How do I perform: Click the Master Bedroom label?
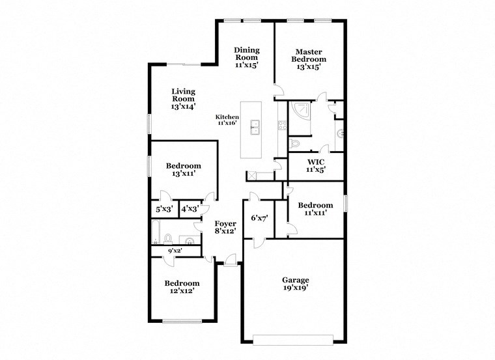point(310,59)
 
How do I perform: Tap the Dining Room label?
point(247,57)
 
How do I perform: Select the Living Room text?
point(183,98)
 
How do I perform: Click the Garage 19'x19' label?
point(295,284)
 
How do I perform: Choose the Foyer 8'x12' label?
point(225,227)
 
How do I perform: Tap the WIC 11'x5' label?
point(316,165)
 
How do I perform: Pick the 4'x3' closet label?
point(189,210)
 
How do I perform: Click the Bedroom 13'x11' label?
point(183,169)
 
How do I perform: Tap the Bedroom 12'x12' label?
point(181,287)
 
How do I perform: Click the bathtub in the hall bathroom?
point(157,232)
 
